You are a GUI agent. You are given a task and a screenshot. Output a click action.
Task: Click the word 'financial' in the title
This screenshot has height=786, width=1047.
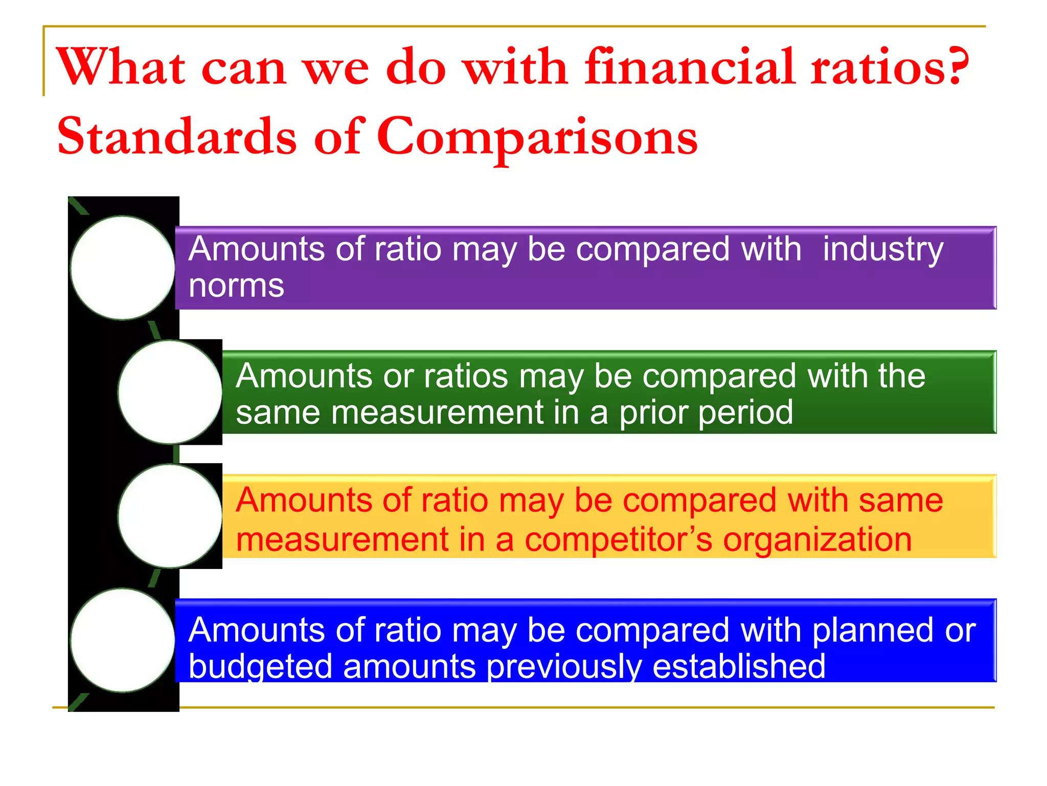[x=690, y=68]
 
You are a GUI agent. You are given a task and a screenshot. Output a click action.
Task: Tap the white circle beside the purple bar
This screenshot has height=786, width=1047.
[x=123, y=268]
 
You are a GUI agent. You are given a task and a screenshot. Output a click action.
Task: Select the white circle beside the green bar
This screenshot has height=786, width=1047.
[x=170, y=392]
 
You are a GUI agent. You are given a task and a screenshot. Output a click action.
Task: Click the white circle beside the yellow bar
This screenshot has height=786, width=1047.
[x=170, y=516]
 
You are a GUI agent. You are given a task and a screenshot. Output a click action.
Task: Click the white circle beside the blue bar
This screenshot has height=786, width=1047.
[x=123, y=640]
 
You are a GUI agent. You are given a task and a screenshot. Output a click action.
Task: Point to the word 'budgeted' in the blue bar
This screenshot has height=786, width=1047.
[x=260, y=667]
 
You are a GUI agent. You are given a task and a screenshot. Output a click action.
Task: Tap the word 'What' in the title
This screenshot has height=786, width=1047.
[x=121, y=68]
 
